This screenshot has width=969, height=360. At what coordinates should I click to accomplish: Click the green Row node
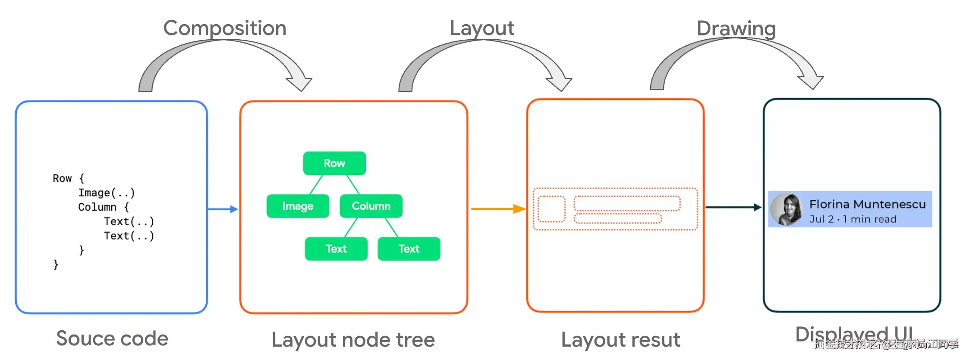coord(334,163)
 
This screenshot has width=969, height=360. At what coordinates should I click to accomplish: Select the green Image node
coord(298,206)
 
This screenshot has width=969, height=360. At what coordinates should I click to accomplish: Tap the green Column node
coord(371,206)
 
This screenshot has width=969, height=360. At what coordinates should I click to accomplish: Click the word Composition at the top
coord(224,28)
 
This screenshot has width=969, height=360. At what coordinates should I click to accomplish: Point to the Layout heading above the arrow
coord(482,28)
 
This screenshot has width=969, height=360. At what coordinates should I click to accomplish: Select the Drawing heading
coord(736,29)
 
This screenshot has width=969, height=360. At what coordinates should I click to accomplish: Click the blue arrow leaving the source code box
coord(223,209)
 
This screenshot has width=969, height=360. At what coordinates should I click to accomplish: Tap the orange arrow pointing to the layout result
coord(498,209)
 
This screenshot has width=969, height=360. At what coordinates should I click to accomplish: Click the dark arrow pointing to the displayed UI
coord(733,207)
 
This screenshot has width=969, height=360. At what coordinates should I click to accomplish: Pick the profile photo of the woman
coord(787,209)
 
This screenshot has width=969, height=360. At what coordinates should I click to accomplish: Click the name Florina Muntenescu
coord(867,204)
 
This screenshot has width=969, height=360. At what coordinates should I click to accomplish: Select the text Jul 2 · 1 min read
coord(853,219)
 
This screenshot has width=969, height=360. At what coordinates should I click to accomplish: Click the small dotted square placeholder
coord(551,209)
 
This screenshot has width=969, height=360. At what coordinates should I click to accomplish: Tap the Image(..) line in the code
coord(107,193)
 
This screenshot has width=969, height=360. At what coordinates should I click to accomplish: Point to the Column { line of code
coord(104,207)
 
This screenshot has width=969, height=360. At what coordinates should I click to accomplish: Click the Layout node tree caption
coord(353,340)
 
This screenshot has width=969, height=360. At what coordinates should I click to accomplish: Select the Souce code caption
coord(112,338)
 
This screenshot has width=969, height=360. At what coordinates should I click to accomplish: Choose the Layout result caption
coord(620,340)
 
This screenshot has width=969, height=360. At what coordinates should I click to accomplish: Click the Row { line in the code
coord(68,178)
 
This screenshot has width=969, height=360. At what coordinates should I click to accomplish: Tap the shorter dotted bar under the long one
coord(617,218)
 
